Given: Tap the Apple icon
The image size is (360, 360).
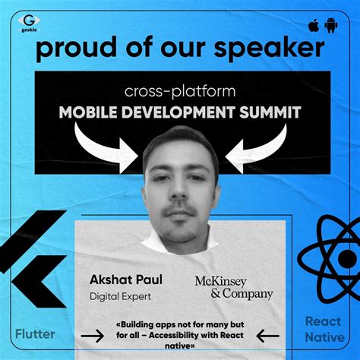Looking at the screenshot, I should [x=313, y=26].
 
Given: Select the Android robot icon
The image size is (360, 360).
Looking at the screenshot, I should [x=330, y=26].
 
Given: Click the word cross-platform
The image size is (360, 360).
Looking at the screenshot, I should [x=180, y=91].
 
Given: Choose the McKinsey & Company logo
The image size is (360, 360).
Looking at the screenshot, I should [x=232, y=287].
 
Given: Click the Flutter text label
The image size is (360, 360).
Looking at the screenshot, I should [x=37, y=333].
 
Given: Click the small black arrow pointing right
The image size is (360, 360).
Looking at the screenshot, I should [x=92, y=335].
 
